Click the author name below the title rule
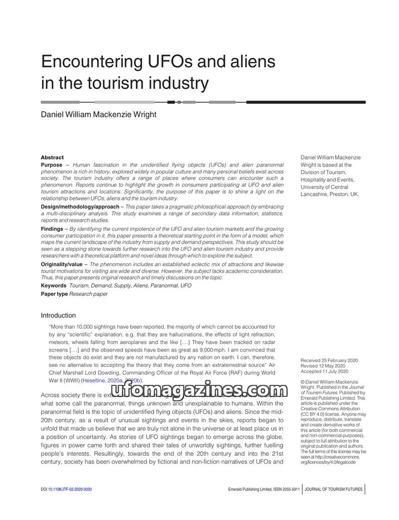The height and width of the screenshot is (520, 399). (98, 115)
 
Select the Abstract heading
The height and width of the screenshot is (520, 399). (52, 158)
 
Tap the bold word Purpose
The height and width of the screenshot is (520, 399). (52, 165)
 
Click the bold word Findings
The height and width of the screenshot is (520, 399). (52, 228)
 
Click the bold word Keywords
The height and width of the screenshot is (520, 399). (53, 286)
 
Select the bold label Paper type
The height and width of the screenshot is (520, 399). (54, 294)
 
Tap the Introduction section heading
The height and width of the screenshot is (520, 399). (58, 316)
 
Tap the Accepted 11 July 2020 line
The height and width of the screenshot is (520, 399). (324, 371)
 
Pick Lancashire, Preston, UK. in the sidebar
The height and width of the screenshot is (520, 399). (329, 194)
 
